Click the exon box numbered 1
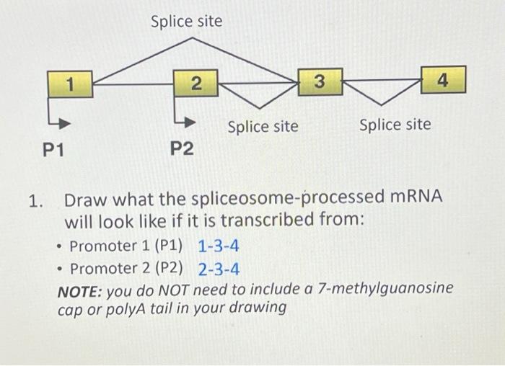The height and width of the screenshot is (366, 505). point(71,85)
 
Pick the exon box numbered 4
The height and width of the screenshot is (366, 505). point(443,81)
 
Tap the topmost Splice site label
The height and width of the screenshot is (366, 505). point(186,22)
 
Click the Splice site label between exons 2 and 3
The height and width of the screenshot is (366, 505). point(263,127)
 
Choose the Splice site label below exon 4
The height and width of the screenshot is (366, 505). point(395,125)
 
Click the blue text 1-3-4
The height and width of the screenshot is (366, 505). point(219,246)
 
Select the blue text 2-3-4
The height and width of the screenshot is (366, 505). point(219,269)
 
